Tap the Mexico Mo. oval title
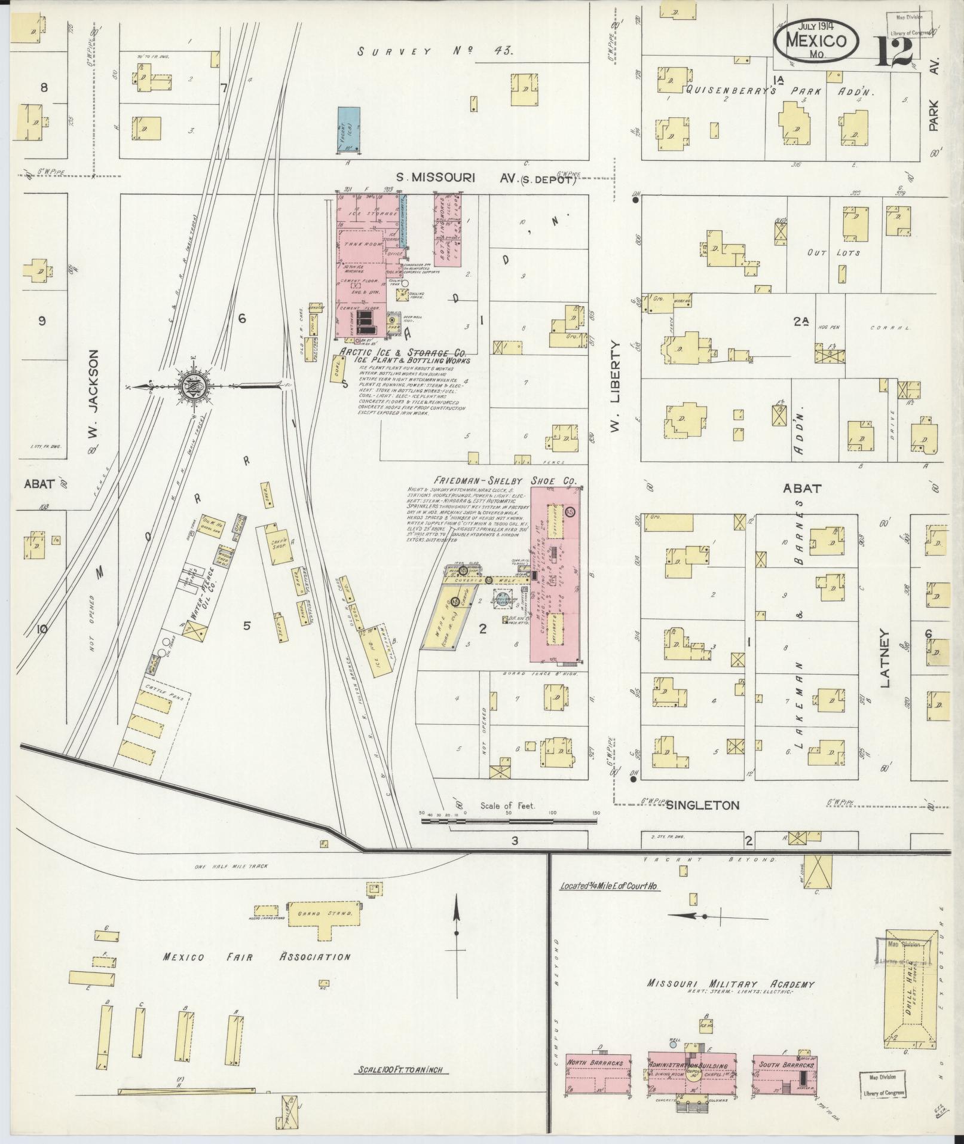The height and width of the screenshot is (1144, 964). (x=816, y=41)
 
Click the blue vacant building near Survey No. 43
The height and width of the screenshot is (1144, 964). (x=349, y=129)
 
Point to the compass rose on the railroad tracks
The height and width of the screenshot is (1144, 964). (x=195, y=386)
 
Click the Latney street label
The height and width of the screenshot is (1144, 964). (x=885, y=658)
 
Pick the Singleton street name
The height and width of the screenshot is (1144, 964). (x=703, y=805)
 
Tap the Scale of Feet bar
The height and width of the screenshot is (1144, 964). (x=509, y=822)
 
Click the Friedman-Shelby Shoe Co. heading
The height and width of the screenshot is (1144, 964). (x=506, y=481)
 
